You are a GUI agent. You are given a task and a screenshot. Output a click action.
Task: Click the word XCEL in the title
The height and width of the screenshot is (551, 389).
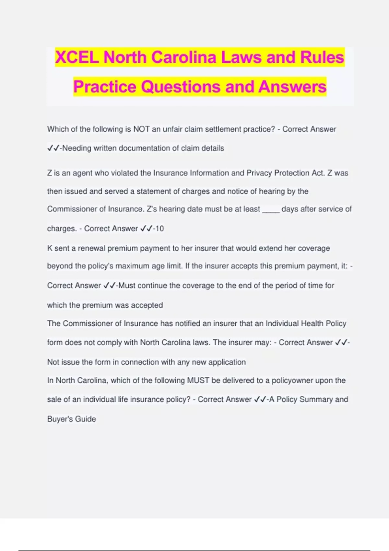coord(77,57)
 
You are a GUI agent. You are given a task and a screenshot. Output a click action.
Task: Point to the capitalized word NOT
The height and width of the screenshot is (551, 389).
coord(141,129)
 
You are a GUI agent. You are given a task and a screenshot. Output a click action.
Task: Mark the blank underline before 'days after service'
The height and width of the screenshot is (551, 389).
coord(271,209)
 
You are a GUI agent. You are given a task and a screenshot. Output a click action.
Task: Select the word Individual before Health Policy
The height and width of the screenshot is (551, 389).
coord(282,323)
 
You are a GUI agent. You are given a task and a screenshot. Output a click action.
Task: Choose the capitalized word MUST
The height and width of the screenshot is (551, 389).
coord(198,380)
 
